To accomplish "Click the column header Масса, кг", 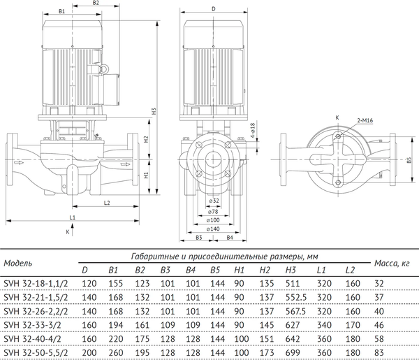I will [x=392, y=264].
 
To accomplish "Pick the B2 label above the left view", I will [x=96, y=3].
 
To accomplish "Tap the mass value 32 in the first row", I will [x=397, y=284].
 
